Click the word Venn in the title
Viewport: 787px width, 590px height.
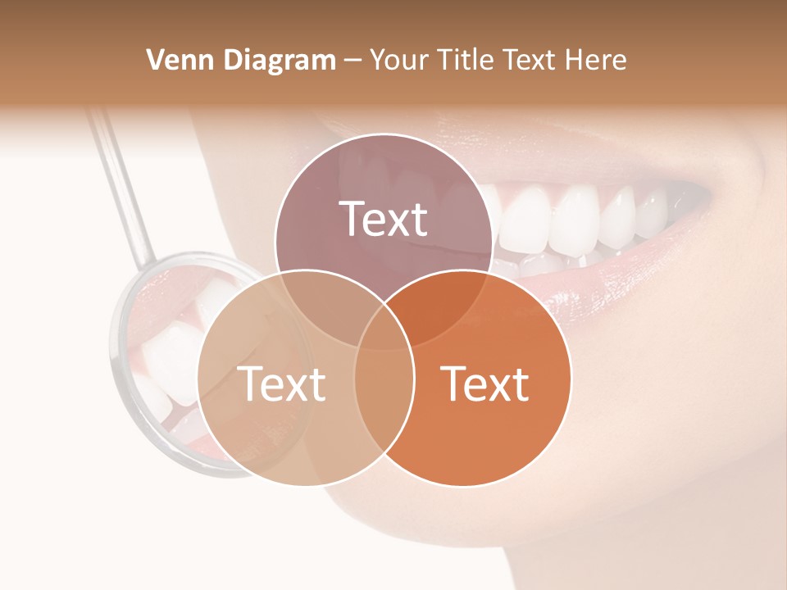[173, 60]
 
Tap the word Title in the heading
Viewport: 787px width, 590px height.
[465, 60]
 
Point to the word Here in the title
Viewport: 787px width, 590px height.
[598, 60]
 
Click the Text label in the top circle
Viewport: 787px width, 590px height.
[384, 219]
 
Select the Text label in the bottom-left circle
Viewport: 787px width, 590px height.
[281, 383]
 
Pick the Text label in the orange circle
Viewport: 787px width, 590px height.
[484, 383]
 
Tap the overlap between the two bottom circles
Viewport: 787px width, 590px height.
[384, 385]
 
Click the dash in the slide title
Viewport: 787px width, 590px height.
[353, 61]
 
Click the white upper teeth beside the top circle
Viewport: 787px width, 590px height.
[574, 217]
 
